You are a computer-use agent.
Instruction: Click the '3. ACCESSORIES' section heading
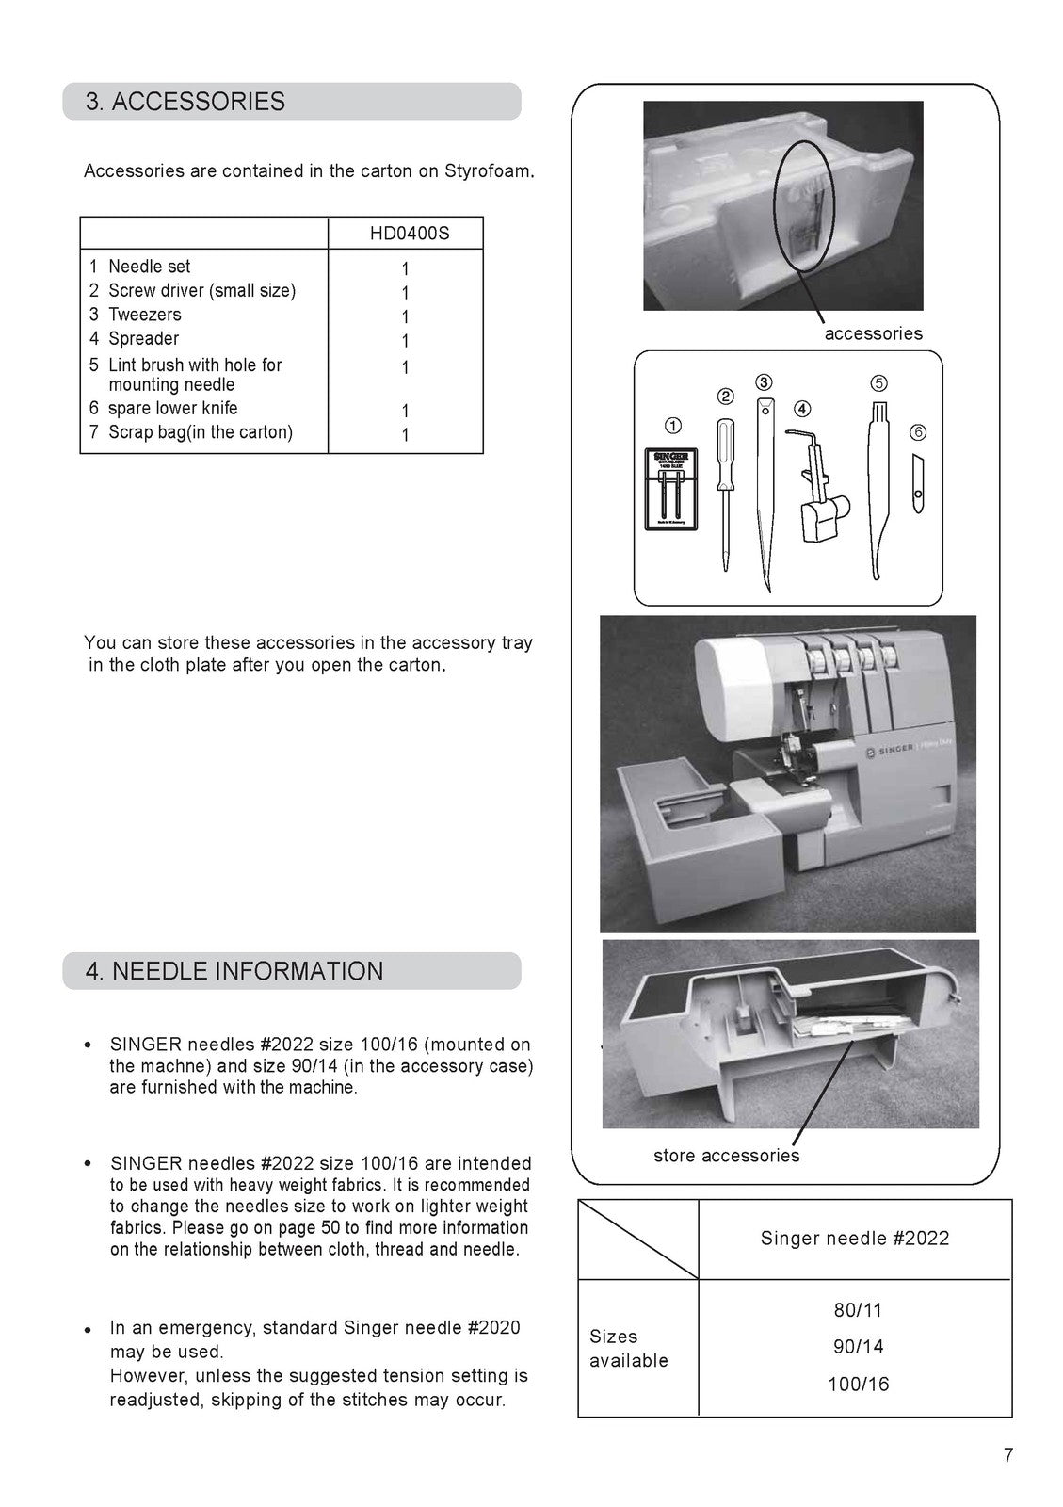coord(185,102)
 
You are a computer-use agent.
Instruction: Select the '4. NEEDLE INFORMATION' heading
coord(234,971)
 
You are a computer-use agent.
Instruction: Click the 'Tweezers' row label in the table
coord(144,315)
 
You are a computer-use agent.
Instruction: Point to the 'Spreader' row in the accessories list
coord(143,338)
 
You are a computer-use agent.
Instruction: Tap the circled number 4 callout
coord(801,409)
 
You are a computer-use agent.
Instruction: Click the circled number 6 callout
coord(918,432)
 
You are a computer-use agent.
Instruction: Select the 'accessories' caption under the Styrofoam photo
coord(873,333)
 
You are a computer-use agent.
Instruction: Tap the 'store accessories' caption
coord(726,1156)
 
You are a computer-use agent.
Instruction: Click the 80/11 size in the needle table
coord(858,1310)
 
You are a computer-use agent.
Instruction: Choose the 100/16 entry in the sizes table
coord(858,1385)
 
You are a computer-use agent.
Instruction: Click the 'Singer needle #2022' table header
coord(854,1239)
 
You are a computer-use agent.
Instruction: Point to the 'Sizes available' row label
coord(628,1348)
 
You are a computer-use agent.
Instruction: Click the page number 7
coord(1008,1455)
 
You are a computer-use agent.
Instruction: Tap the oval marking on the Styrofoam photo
coord(804,205)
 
